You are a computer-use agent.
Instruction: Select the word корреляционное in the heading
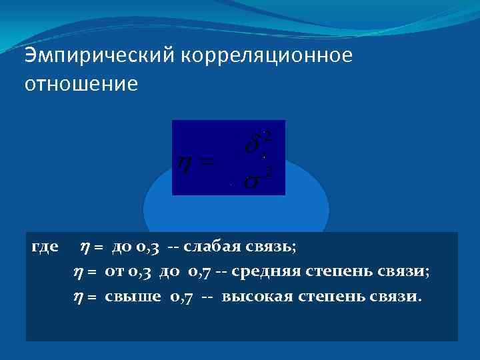(x=264, y=57)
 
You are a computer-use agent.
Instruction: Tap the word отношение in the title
(x=81, y=85)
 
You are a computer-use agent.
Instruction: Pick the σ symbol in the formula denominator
(x=252, y=181)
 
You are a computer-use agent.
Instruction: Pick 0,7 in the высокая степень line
(x=181, y=296)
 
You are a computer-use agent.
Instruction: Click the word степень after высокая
(x=327, y=296)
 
